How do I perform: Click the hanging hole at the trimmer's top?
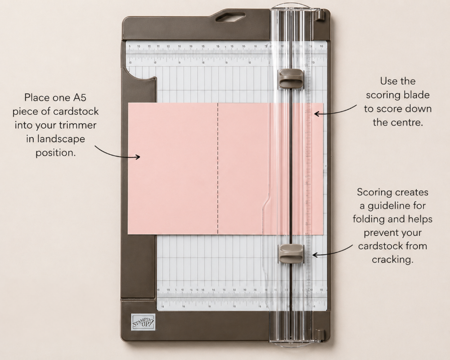pos(230,18)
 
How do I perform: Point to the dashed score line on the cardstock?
pos(218,169)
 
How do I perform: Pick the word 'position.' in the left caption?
pos(55,153)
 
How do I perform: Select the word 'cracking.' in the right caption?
pos(392,260)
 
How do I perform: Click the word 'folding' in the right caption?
pos(376,219)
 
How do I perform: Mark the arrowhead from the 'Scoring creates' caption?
pos(314,255)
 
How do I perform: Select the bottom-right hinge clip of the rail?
pos(320,335)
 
